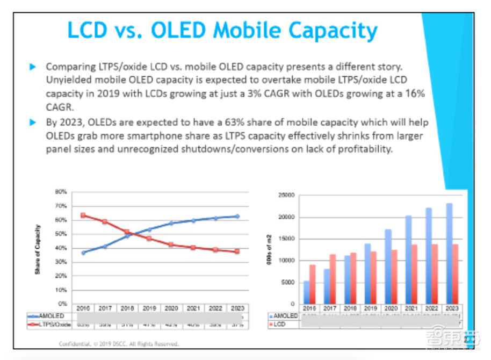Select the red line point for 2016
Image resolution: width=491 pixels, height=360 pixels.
[x=83, y=215]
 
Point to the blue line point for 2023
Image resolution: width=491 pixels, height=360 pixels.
[x=237, y=216]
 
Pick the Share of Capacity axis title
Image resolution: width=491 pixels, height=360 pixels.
[x=38, y=248]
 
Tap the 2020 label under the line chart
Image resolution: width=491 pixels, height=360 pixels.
[x=171, y=308]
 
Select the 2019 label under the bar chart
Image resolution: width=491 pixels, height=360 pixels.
[x=371, y=308]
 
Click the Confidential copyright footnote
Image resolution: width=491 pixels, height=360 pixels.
[x=119, y=343]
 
